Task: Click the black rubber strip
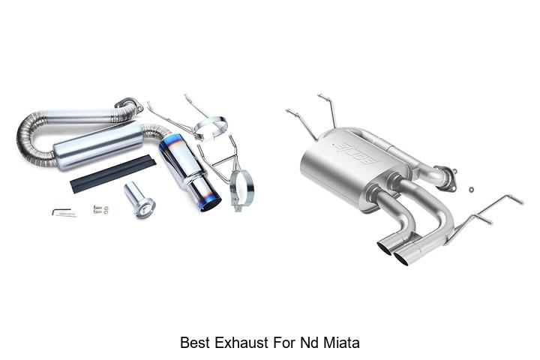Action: click(113, 174)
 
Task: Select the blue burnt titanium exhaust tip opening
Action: click(211, 204)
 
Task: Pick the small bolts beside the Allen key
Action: click(100, 209)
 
